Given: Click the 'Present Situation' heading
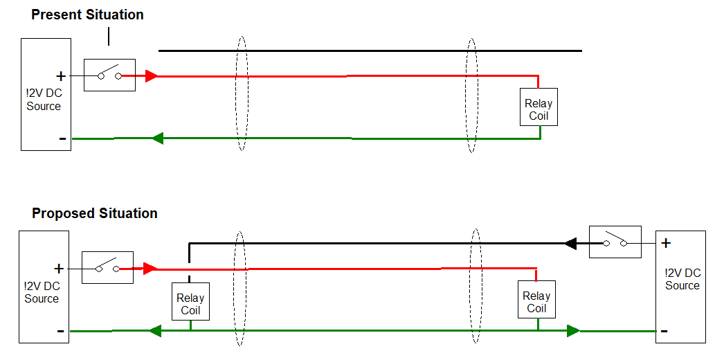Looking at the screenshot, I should pos(87,15).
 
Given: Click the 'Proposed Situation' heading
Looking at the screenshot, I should pos(95,213).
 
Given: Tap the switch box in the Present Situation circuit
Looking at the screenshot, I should pos(109,75).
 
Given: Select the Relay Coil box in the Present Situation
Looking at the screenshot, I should pos(539,107).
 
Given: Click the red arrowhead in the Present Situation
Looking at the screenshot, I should pos(152,75).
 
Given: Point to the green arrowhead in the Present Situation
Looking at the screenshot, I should pos(157,138).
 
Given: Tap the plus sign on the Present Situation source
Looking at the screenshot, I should pos(61,75).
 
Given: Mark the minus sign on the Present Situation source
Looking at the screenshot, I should pos(63,138).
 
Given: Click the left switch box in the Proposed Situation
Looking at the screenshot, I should pos(107,267).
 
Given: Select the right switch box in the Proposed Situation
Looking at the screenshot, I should pos(615,242).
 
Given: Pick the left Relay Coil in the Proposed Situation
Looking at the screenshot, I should pos(190,302).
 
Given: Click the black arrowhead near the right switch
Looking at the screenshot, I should pos(570,243).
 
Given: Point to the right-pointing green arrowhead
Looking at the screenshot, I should pos(573,331).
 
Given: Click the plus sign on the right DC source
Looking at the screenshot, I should pos(666,243).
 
